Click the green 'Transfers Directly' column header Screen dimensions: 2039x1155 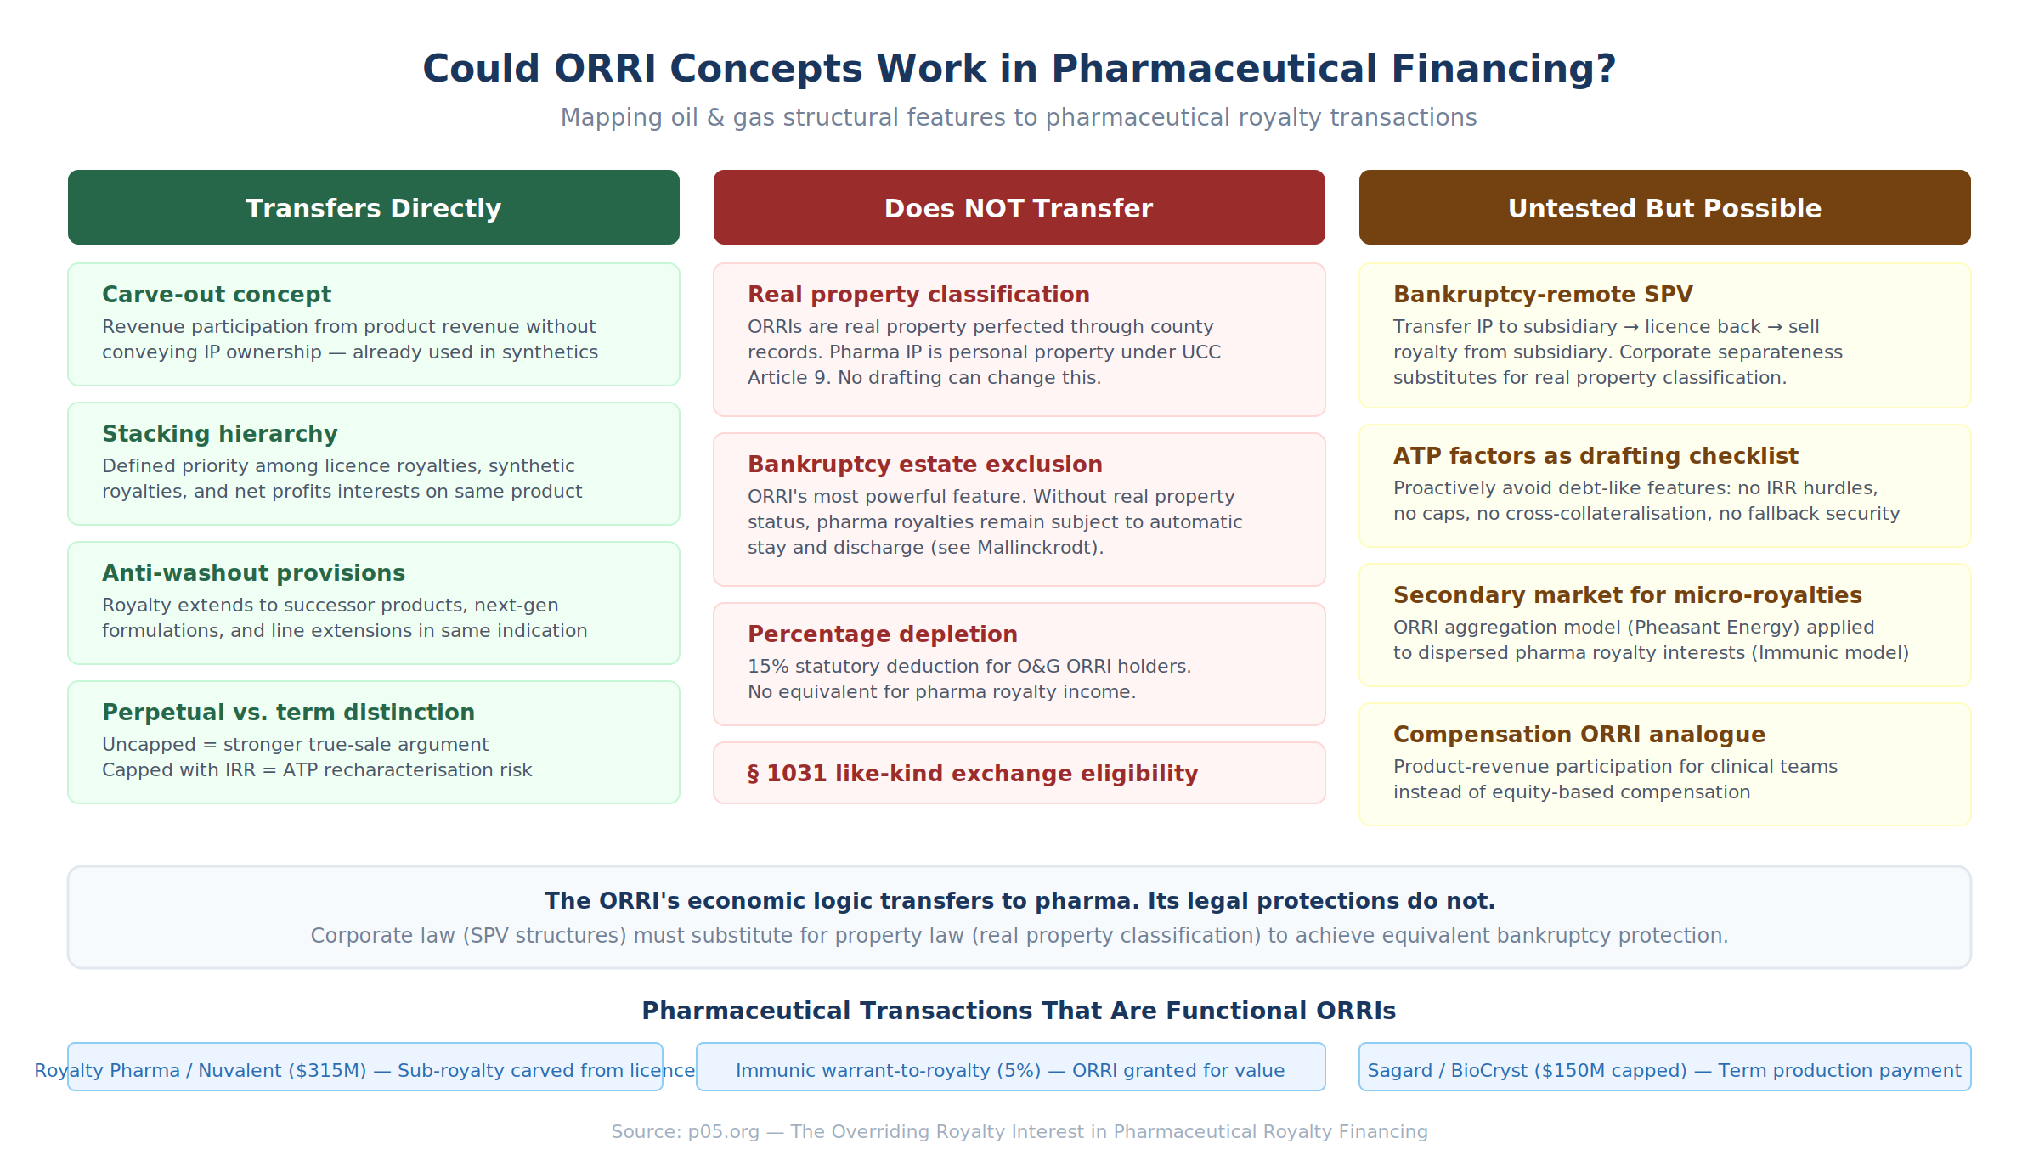point(374,207)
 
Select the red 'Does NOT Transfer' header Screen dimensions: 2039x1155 point(1019,207)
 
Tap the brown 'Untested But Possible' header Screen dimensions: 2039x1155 point(1665,207)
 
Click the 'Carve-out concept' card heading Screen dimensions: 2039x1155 point(217,295)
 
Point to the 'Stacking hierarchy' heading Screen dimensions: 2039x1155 point(220,434)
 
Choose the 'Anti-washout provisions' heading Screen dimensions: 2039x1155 point(254,573)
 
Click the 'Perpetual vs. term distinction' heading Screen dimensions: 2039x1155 point(288,713)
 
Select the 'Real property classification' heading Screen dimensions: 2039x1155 point(918,295)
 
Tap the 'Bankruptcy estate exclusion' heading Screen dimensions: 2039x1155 point(925,465)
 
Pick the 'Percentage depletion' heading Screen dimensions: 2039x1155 point(883,634)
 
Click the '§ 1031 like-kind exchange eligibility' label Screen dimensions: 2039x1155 point(973,774)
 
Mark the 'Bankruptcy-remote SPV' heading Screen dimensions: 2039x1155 point(1543,295)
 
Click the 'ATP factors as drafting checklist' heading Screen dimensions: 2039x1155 point(1596,456)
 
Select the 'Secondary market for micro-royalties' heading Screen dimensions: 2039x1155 point(1628,595)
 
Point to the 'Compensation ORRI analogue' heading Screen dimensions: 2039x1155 point(1579,735)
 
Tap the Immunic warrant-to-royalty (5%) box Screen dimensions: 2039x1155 point(1011,1067)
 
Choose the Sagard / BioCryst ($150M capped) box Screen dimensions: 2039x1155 point(1665,1067)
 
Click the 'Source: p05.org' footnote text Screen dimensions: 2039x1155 point(685,1132)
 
